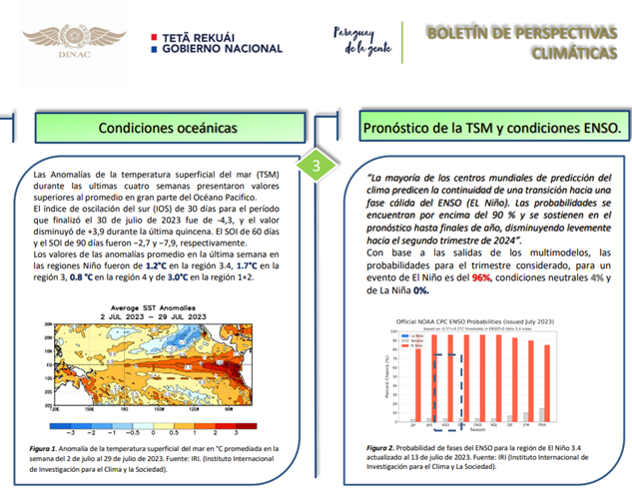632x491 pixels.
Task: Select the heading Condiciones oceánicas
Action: (x=167, y=129)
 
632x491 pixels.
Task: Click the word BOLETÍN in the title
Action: (x=462, y=33)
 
